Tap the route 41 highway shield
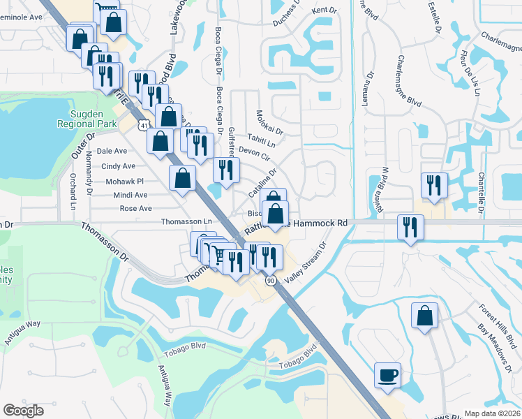pos(142,125)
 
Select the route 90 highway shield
pos(271,279)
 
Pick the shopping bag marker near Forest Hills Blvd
pos(424,316)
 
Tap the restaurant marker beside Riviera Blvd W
pos(433,186)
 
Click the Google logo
pos(23,411)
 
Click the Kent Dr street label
pos(325,10)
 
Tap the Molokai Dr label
pos(269,122)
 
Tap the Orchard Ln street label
pos(72,191)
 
